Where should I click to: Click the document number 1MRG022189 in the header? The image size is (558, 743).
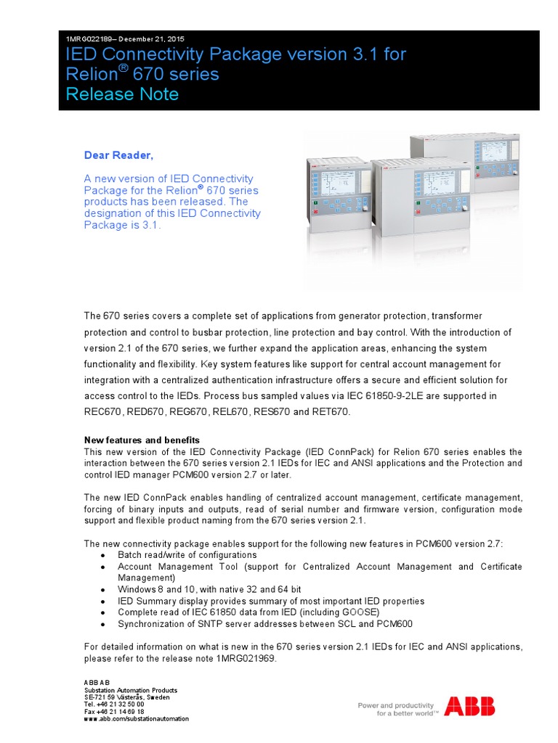tap(87, 38)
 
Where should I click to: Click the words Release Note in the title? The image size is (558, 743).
tap(121, 94)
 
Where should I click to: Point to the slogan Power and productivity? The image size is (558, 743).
tap(396, 705)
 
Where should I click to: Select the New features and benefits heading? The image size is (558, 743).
tap(142, 440)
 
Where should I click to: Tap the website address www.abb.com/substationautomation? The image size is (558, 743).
tap(137, 718)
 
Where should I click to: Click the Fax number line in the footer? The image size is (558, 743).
tap(114, 711)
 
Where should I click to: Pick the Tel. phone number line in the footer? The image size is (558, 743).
tap(114, 704)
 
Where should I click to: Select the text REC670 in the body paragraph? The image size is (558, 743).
tap(103, 412)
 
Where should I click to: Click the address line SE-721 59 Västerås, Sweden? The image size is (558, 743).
tap(127, 697)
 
